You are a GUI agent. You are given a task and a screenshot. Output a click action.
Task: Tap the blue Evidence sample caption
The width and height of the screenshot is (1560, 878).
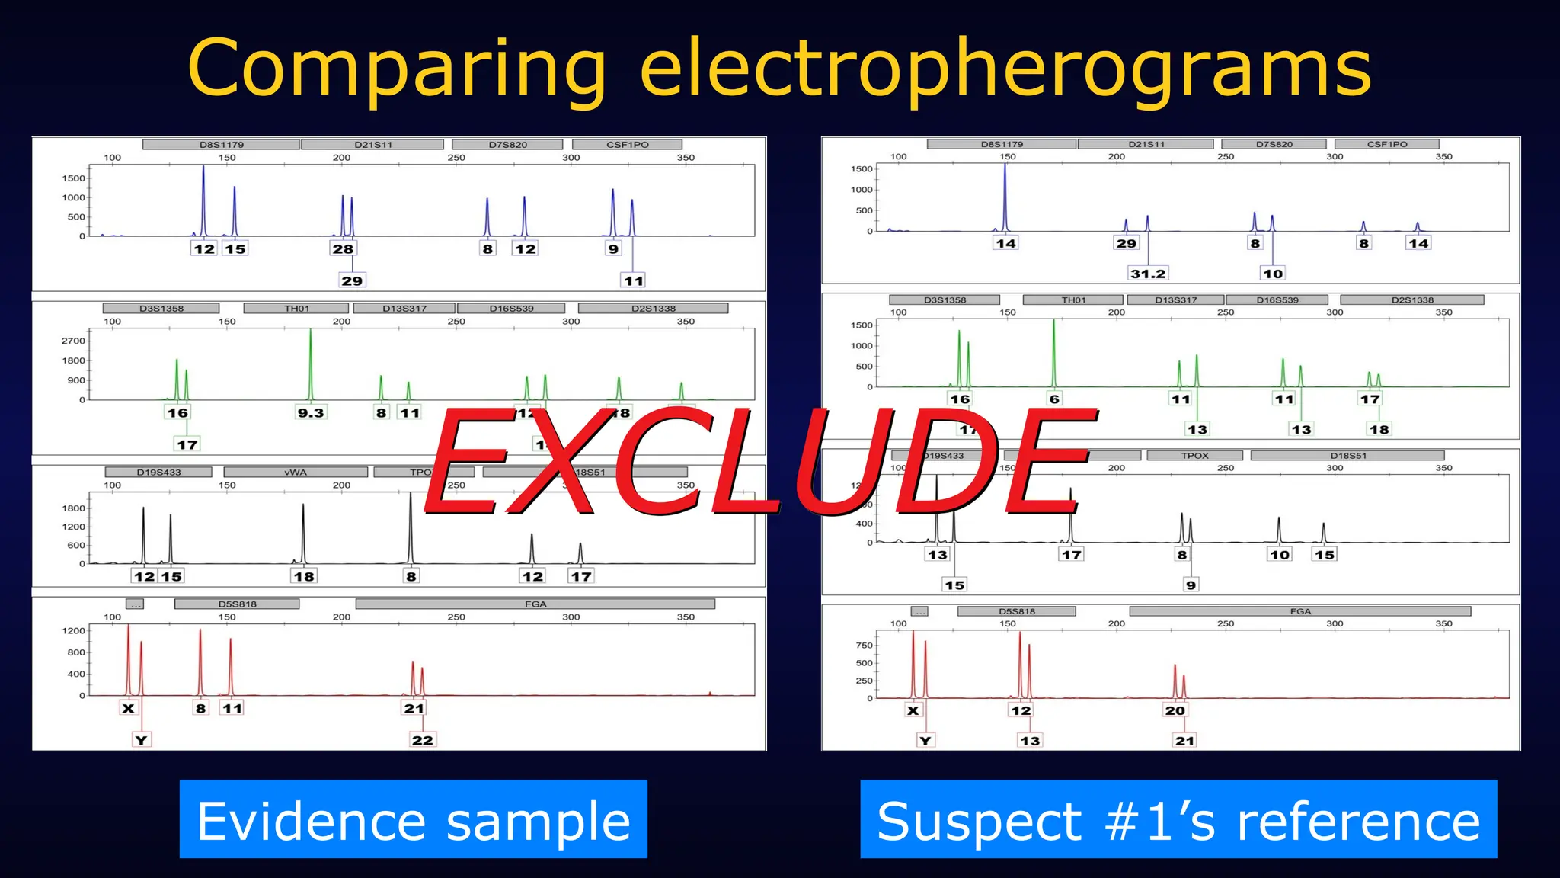[414, 820]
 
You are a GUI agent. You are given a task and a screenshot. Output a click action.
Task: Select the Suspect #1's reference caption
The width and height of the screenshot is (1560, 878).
[1178, 820]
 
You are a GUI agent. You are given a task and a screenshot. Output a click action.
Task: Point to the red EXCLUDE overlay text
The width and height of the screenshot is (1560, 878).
[762, 461]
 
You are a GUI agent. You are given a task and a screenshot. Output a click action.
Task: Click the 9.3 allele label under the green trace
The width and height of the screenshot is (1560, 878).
[311, 413]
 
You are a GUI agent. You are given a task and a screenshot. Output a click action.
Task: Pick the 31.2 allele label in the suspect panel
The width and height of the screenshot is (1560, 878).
[1148, 274]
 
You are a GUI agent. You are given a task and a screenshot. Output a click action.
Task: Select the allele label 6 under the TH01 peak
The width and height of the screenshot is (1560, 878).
[1054, 399]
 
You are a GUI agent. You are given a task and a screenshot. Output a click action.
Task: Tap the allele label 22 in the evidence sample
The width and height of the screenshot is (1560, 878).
[422, 740]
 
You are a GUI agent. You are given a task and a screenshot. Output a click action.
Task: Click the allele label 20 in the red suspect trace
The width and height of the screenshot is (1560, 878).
[1175, 710]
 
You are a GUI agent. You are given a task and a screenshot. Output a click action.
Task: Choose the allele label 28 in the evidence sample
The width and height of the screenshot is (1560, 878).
[343, 248]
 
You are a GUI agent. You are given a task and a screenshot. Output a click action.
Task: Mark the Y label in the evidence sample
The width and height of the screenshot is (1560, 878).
[141, 740]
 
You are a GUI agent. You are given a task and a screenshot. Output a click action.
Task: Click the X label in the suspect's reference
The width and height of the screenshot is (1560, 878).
[913, 710]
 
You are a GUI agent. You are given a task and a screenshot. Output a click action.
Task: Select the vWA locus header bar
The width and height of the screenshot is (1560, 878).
[296, 473]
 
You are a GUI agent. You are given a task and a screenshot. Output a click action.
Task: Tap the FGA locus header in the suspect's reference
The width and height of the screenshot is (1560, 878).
[1300, 611]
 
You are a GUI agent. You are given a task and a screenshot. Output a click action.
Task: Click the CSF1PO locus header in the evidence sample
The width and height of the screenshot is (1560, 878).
[627, 145]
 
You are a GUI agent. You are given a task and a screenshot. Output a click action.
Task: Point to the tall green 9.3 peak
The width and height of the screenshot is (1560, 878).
[311, 358]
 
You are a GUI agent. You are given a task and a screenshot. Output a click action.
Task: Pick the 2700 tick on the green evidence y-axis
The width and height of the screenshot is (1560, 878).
[73, 341]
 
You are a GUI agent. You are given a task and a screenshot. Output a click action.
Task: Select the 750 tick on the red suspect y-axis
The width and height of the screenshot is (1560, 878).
[864, 645]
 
